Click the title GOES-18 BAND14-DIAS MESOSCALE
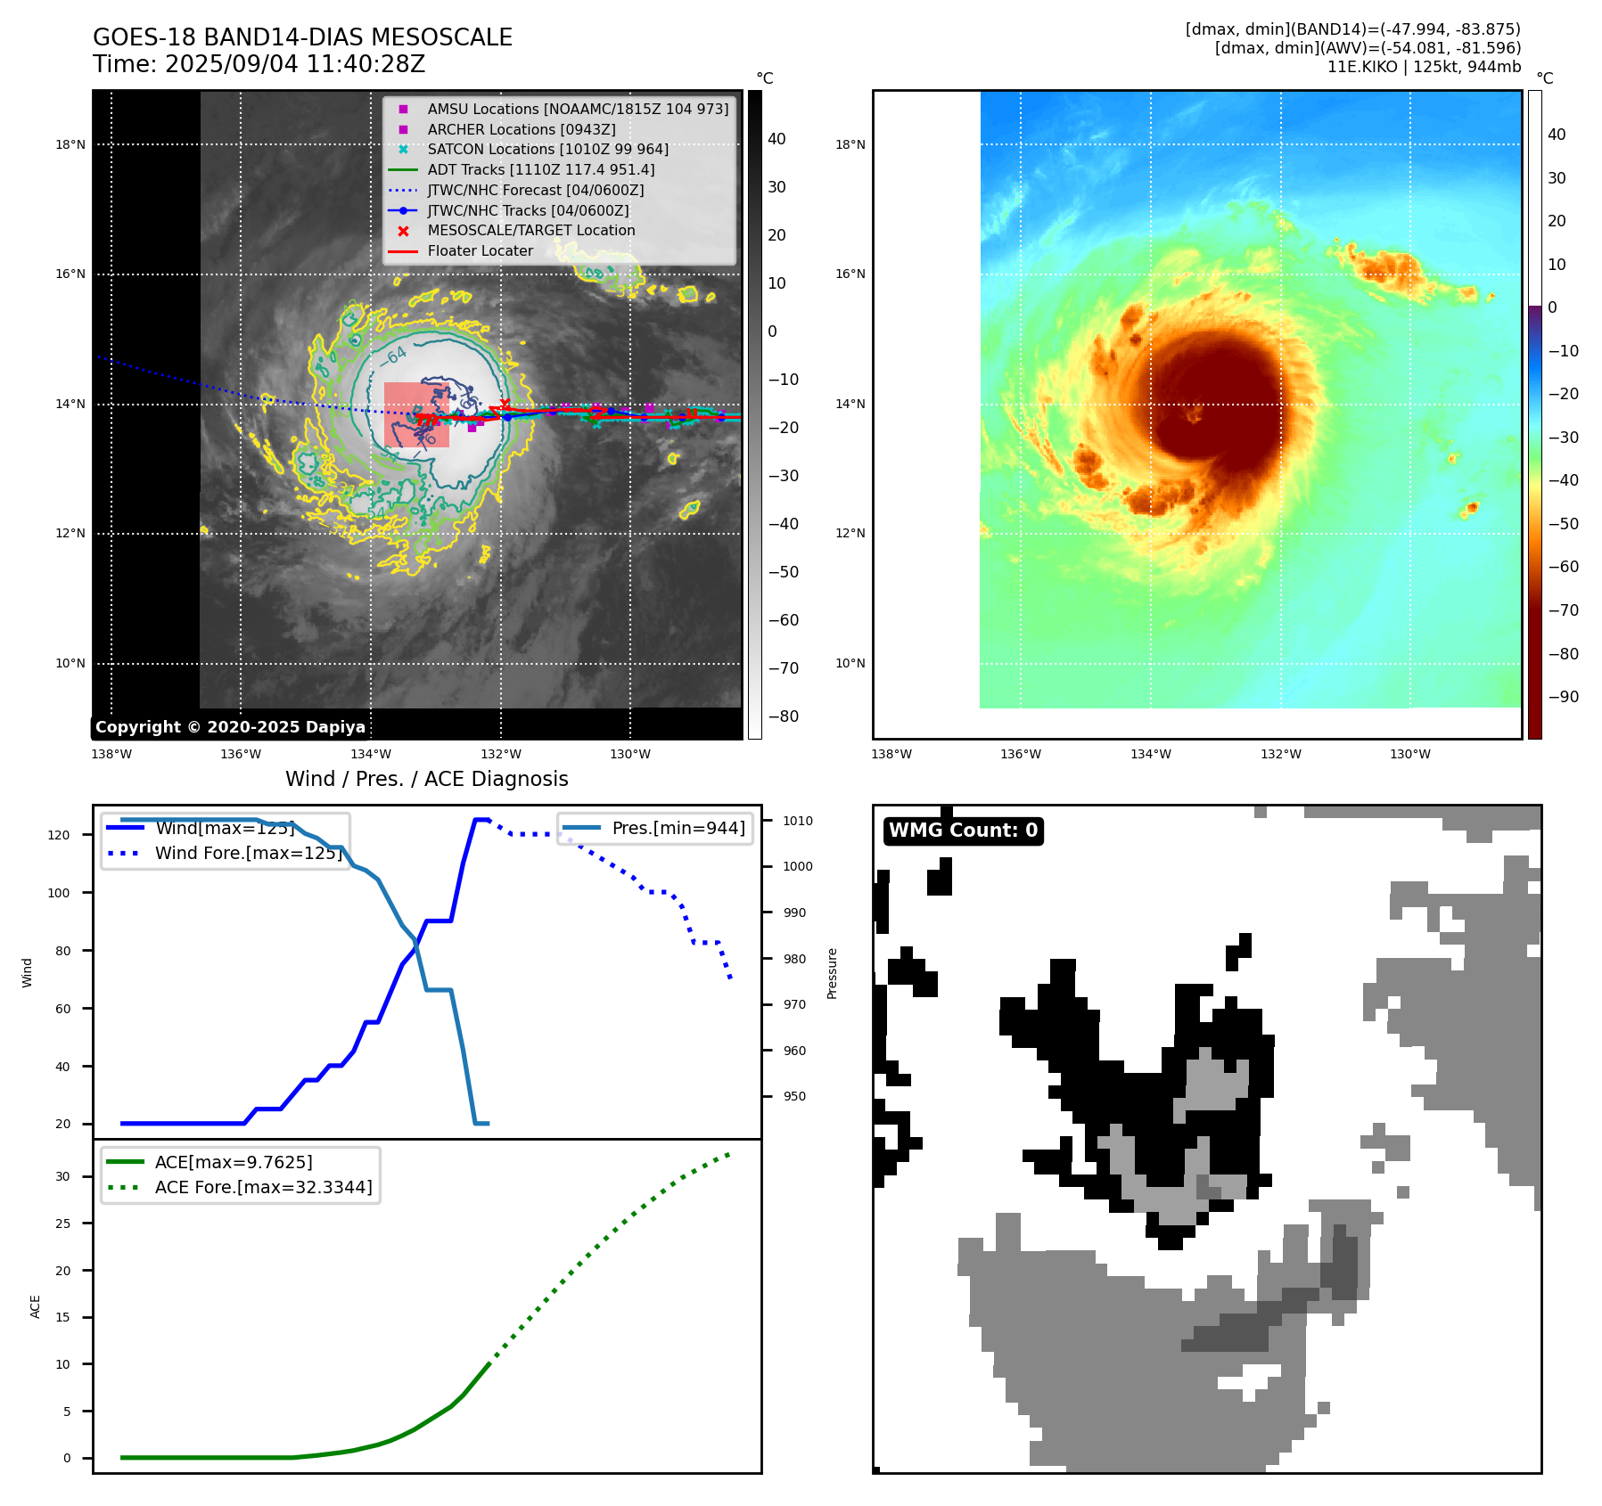(x=302, y=37)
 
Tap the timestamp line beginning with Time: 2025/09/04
(x=259, y=64)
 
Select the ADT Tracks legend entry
(x=540, y=169)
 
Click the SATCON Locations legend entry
(x=547, y=149)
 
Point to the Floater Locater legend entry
(x=480, y=250)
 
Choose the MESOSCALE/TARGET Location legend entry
(x=531, y=230)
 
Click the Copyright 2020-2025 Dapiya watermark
(x=230, y=727)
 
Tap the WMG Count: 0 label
(x=963, y=831)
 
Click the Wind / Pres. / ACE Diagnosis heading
(x=426, y=779)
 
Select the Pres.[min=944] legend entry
(x=678, y=828)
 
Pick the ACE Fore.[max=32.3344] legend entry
(x=263, y=1187)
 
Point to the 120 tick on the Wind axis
(x=59, y=835)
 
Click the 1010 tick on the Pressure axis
(x=798, y=821)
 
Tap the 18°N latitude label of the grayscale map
(x=70, y=144)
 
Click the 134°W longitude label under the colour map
(x=1150, y=754)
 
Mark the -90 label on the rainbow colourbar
(x=1563, y=697)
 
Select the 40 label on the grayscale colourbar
(x=776, y=139)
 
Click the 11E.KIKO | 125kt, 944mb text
(x=1424, y=67)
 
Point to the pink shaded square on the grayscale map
(x=416, y=414)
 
